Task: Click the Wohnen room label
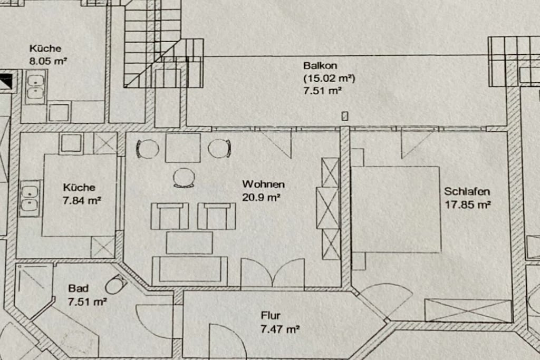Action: coord(264,184)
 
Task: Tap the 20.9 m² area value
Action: coord(261,198)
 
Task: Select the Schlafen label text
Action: coord(467,191)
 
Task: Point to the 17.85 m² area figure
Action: coord(468,205)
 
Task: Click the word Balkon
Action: coord(320,65)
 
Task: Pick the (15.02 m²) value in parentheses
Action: coord(329,78)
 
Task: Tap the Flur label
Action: coord(271,316)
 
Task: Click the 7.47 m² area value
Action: coord(279,329)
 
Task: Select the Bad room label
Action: coord(78,288)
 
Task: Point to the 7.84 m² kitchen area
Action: coord(82,200)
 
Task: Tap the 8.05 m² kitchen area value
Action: coord(48,61)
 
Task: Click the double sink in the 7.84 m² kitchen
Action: coord(30,199)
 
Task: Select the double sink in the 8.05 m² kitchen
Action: coord(35,87)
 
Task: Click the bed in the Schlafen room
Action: coord(396,210)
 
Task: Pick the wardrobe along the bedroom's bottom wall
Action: coord(468,311)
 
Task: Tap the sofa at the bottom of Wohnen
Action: coord(190,271)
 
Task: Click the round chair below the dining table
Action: coord(184,178)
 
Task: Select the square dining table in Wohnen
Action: coord(183,148)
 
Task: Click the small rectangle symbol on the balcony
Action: coord(345,116)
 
